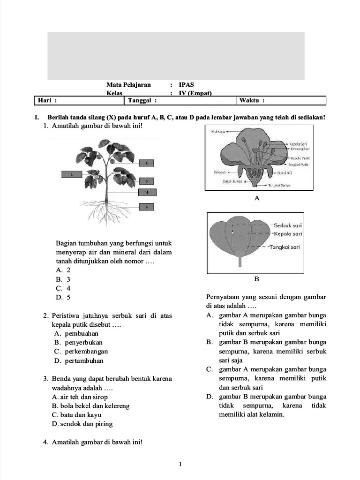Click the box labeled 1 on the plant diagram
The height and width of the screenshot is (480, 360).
72,174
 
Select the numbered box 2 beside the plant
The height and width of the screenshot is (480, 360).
147,163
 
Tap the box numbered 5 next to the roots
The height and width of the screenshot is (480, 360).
147,206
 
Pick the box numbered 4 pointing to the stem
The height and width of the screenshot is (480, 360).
147,192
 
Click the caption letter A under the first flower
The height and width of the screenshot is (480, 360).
256,199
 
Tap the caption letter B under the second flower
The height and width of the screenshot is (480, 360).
256,279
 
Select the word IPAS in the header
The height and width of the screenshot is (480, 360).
186,85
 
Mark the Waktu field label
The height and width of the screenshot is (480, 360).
252,100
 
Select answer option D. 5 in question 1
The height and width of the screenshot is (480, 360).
63,297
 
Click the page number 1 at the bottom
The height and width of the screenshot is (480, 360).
180,465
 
